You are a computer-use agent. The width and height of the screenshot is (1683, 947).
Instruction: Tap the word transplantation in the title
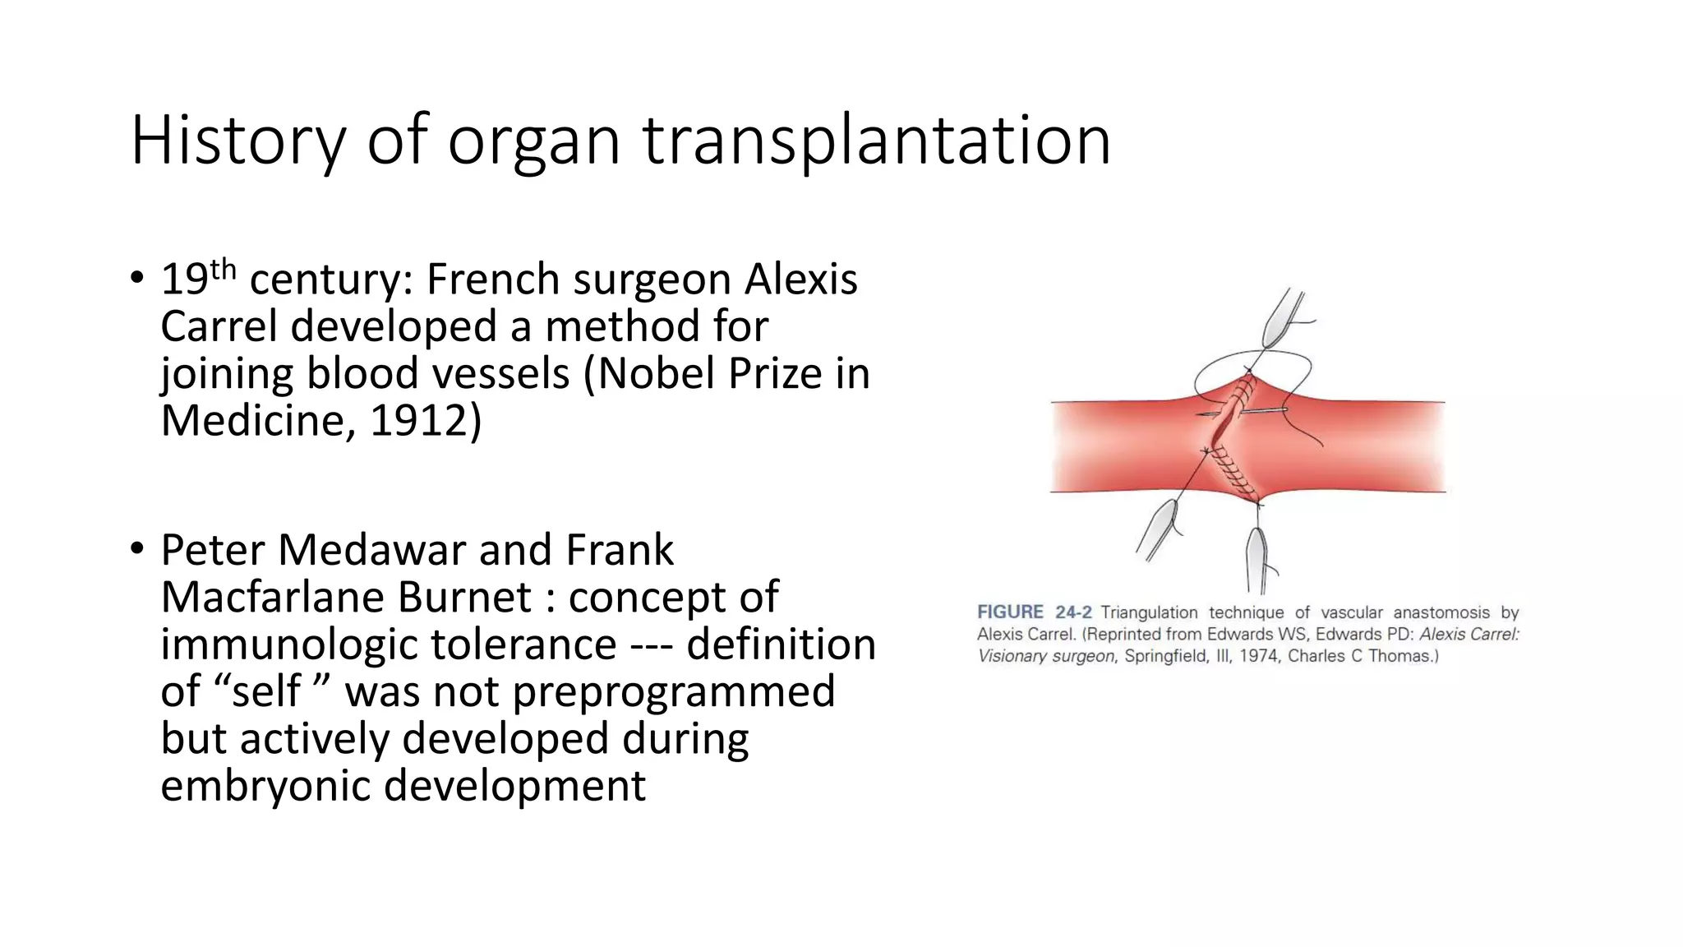click(876, 141)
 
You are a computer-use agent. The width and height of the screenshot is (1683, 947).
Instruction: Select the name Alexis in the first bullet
click(800, 279)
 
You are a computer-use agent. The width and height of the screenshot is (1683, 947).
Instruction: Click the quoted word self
click(266, 691)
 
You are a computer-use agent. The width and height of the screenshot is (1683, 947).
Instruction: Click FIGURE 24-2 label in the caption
click(1034, 612)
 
